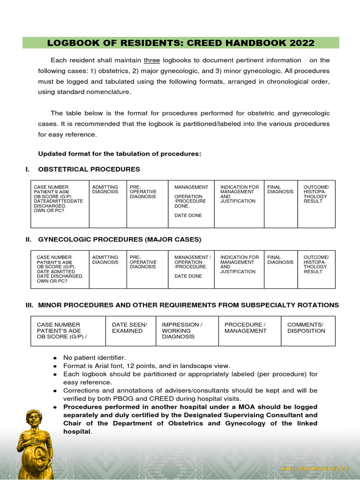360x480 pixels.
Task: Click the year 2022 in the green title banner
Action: tap(299, 44)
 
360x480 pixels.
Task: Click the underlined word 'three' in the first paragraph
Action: tap(152, 60)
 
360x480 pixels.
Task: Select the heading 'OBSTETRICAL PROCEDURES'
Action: tap(89, 169)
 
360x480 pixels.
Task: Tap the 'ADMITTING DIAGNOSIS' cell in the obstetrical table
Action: tap(105, 189)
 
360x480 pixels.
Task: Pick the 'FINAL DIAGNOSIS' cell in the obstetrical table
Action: tap(280, 189)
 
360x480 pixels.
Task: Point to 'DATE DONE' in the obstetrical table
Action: tap(188, 215)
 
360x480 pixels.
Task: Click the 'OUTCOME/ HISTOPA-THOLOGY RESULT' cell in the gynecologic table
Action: tap(316, 264)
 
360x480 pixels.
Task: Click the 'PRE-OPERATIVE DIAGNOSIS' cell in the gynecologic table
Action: tap(143, 262)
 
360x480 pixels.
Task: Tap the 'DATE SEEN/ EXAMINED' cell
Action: tap(129, 328)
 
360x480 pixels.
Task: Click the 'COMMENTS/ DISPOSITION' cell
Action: tap(306, 328)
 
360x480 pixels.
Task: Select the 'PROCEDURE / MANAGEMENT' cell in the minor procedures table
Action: tap(245, 328)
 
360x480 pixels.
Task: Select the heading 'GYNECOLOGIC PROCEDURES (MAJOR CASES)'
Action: tap(119, 240)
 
